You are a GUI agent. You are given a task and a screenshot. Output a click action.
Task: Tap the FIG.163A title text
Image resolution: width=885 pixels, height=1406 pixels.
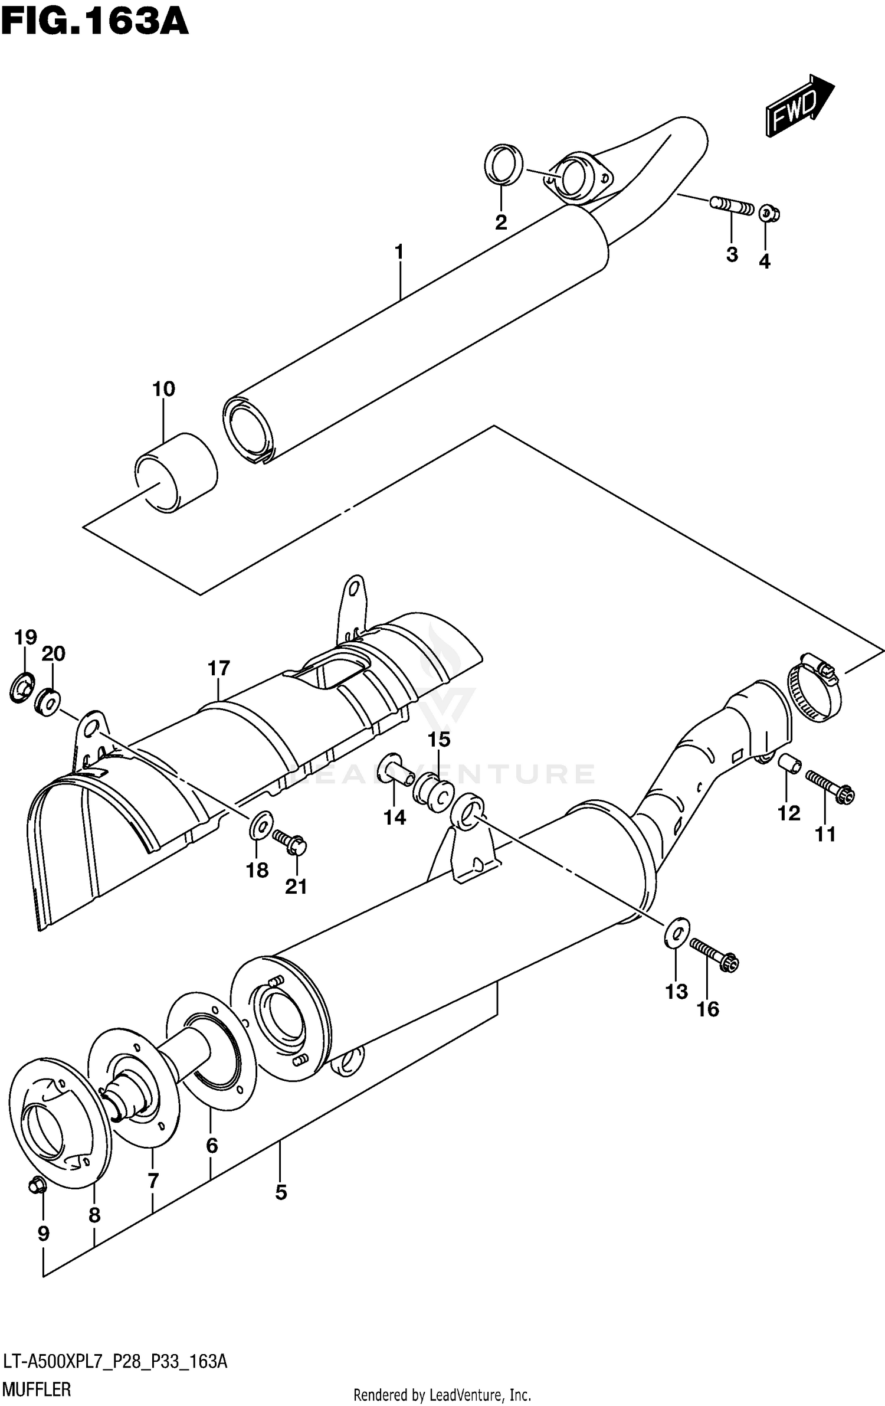click(x=94, y=24)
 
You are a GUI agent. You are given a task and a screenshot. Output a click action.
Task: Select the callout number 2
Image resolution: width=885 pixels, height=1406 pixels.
click(x=500, y=223)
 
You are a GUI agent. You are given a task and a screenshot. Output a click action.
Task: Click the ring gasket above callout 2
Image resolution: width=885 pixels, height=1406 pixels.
click(x=503, y=164)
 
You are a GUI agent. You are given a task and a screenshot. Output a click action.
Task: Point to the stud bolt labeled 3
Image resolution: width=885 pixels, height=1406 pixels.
click(x=732, y=207)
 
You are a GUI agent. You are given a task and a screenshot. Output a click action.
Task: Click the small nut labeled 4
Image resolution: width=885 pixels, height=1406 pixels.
click(x=768, y=213)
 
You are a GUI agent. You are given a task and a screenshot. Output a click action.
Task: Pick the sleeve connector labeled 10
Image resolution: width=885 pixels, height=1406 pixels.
click(x=176, y=472)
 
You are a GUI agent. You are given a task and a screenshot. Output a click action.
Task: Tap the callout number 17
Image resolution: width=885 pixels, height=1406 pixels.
click(x=218, y=669)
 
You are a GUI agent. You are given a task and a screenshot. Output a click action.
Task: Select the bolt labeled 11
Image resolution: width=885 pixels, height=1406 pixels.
click(x=830, y=787)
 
